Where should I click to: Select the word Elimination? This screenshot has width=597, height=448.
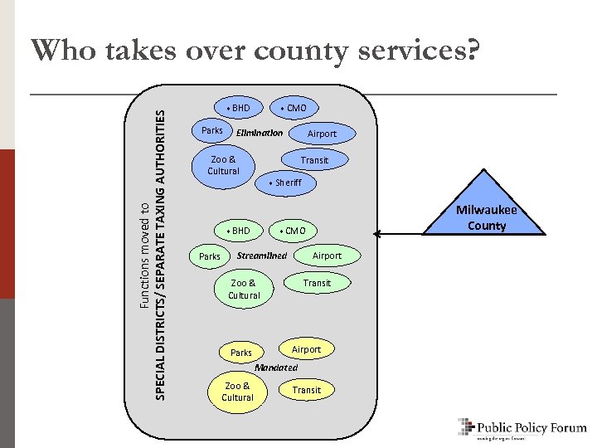pyautogui.click(x=260, y=133)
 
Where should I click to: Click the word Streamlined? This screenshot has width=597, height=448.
pyautogui.click(x=262, y=256)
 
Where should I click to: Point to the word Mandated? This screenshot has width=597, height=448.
pyautogui.click(x=276, y=367)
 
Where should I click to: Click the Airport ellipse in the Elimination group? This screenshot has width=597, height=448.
pyautogui.click(x=322, y=134)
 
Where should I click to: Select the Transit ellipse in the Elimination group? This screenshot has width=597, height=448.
pyautogui.click(x=314, y=160)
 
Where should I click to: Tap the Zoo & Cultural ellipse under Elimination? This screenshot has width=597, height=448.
pyautogui.click(x=224, y=165)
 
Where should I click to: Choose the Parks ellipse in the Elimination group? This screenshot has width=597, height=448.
pyautogui.click(x=212, y=131)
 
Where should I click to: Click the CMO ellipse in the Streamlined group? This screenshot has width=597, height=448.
pyautogui.click(x=294, y=231)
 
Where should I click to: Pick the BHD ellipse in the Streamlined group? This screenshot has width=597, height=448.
pyautogui.click(x=238, y=230)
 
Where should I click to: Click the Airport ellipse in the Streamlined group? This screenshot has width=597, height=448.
pyautogui.click(x=327, y=256)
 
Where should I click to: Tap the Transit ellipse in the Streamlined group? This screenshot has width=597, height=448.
pyautogui.click(x=317, y=283)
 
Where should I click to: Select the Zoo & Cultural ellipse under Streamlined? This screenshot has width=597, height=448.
pyautogui.click(x=244, y=289)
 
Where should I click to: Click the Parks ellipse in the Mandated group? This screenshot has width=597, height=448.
pyautogui.click(x=240, y=353)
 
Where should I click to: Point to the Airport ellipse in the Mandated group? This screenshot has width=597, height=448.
pyautogui.click(x=306, y=349)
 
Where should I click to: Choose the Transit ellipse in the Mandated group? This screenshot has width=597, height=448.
pyautogui.click(x=306, y=390)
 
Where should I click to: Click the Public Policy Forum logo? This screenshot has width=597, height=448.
pyautogui.click(x=522, y=428)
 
